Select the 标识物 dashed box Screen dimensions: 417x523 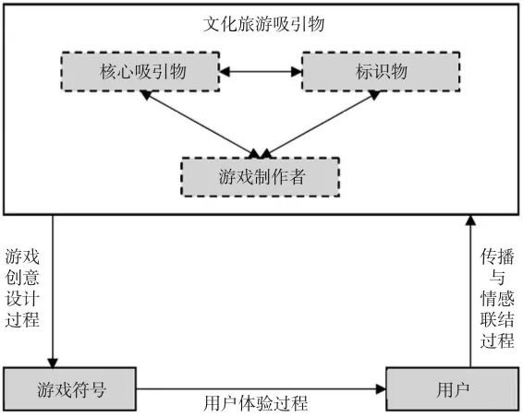click(x=367, y=72)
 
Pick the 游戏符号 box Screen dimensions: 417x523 click(x=70, y=388)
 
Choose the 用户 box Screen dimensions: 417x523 click(x=448, y=388)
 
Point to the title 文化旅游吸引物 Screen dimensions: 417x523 click(x=261, y=24)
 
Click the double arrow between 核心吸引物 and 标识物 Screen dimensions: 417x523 click(x=261, y=72)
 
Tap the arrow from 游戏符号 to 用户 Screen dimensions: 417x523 click(x=261, y=388)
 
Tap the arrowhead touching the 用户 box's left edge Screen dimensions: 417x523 click(x=380, y=388)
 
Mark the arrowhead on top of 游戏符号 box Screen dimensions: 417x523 click(x=53, y=362)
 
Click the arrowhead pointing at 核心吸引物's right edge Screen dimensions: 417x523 click(x=225, y=72)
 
